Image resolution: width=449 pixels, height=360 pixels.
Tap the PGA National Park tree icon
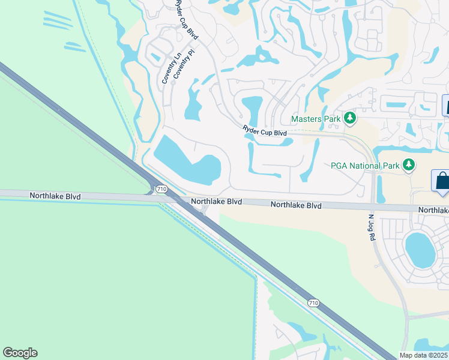pyautogui.click(x=409, y=164)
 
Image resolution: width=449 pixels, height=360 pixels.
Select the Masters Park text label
pyautogui.click(x=316, y=119)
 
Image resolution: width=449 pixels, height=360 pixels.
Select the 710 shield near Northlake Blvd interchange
pyautogui.click(x=161, y=188)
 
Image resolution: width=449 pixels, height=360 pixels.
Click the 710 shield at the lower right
pyautogui.click(x=313, y=304)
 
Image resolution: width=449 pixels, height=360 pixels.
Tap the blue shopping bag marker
pyautogui.click(x=442, y=181)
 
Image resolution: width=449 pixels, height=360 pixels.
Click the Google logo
pyautogui.click(x=20, y=353)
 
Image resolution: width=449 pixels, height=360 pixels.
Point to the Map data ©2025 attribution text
pyautogui.click(x=424, y=355)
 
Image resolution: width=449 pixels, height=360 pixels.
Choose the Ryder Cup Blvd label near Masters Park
pyautogui.click(x=265, y=130)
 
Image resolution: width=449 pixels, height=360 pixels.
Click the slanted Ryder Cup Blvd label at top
pyautogui.click(x=187, y=20)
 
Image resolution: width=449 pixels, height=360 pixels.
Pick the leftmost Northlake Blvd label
pyautogui.click(x=55, y=196)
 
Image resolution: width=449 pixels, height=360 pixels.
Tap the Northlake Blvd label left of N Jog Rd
pyautogui.click(x=295, y=205)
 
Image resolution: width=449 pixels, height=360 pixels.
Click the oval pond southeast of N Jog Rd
pyautogui.click(x=420, y=249)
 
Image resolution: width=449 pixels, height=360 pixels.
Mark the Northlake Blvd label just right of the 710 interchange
pyautogui.click(x=216, y=202)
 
